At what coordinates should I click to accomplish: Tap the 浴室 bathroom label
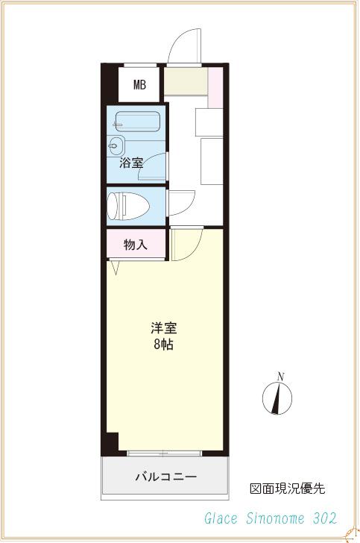click(x=131, y=162)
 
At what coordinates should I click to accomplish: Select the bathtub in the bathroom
click(x=137, y=122)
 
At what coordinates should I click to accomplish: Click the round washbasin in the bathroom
click(x=117, y=145)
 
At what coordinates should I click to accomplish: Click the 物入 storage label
click(x=135, y=244)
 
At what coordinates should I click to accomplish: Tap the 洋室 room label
click(x=163, y=328)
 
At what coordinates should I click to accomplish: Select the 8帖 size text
click(x=163, y=345)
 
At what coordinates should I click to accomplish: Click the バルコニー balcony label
click(x=165, y=476)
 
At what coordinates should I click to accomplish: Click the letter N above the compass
click(x=280, y=376)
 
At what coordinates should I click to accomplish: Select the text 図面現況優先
click(x=287, y=489)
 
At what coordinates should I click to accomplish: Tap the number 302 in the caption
click(x=325, y=518)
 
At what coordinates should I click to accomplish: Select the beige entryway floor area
click(x=186, y=81)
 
